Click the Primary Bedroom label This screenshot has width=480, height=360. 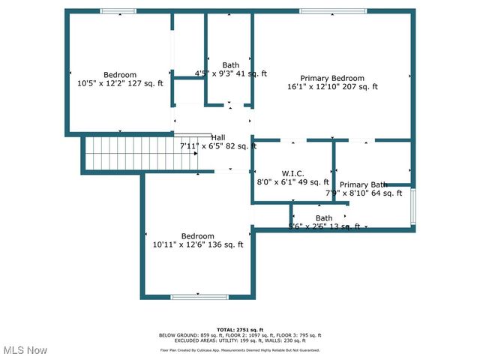pyautogui.click(x=332, y=78)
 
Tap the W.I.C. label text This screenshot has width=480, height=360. pyautogui.click(x=292, y=172)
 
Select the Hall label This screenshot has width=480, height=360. pyautogui.click(x=218, y=137)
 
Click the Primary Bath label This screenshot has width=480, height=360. pyautogui.click(x=364, y=184)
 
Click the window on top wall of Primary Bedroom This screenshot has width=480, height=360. pyautogui.click(x=333, y=11)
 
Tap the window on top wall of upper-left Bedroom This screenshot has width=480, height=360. pyautogui.click(x=118, y=11)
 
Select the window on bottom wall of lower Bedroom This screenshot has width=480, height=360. pyautogui.click(x=199, y=297)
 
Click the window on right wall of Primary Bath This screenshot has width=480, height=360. pyautogui.click(x=412, y=206)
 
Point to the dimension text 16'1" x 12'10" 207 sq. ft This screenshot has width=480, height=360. pyautogui.click(x=332, y=87)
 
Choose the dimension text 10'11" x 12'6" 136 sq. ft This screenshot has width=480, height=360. pyautogui.click(x=198, y=244)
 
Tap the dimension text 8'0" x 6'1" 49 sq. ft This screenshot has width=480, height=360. pyautogui.click(x=293, y=181)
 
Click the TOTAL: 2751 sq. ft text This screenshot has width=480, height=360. pyautogui.click(x=240, y=330)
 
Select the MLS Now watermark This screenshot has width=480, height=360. pyautogui.click(x=25, y=350)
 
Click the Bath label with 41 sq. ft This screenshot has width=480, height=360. pyautogui.click(x=231, y=65)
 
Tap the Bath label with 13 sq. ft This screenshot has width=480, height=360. pyautogui.click(x=324, y=218)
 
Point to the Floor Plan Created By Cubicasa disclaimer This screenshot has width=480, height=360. pyautogui.click(x=240, y=350)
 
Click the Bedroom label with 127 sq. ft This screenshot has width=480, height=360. pyautogui.click(x=120, y=74)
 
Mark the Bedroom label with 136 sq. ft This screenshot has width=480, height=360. pyautogui.click(x=198, y=235)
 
